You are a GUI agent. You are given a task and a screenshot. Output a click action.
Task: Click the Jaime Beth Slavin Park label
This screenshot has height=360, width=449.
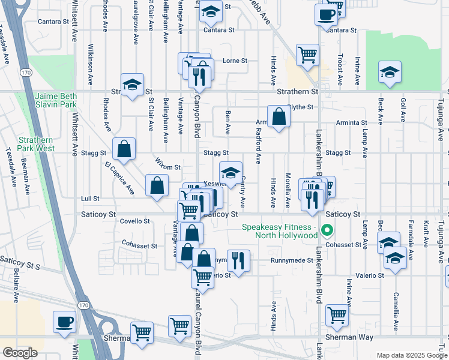[x=57, y=100]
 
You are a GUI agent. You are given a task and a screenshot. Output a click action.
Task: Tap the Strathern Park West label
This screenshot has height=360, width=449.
[x=37, y=143]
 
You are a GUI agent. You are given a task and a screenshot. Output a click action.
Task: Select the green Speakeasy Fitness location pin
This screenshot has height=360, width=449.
[x=327, y=230]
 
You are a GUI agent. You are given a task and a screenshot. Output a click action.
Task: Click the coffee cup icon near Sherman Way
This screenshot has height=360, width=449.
[x=64, y=322]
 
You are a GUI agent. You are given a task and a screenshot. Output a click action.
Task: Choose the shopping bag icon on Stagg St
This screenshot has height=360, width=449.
[x=124, y=149]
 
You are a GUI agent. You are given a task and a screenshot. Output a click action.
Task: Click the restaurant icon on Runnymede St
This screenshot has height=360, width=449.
[x=238, y=260]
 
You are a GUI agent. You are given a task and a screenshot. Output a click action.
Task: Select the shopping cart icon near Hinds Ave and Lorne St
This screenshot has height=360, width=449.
[x=307, y=55]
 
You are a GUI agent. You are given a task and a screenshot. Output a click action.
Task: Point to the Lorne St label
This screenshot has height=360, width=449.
[x=235, y=61]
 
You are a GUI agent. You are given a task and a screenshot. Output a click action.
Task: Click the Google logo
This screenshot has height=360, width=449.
[x=20, y=353]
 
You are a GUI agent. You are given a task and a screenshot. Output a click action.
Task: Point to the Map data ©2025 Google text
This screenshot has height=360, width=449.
[x=411, y=355]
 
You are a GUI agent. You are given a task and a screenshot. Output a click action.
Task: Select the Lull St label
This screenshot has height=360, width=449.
[x=90, y=198]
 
